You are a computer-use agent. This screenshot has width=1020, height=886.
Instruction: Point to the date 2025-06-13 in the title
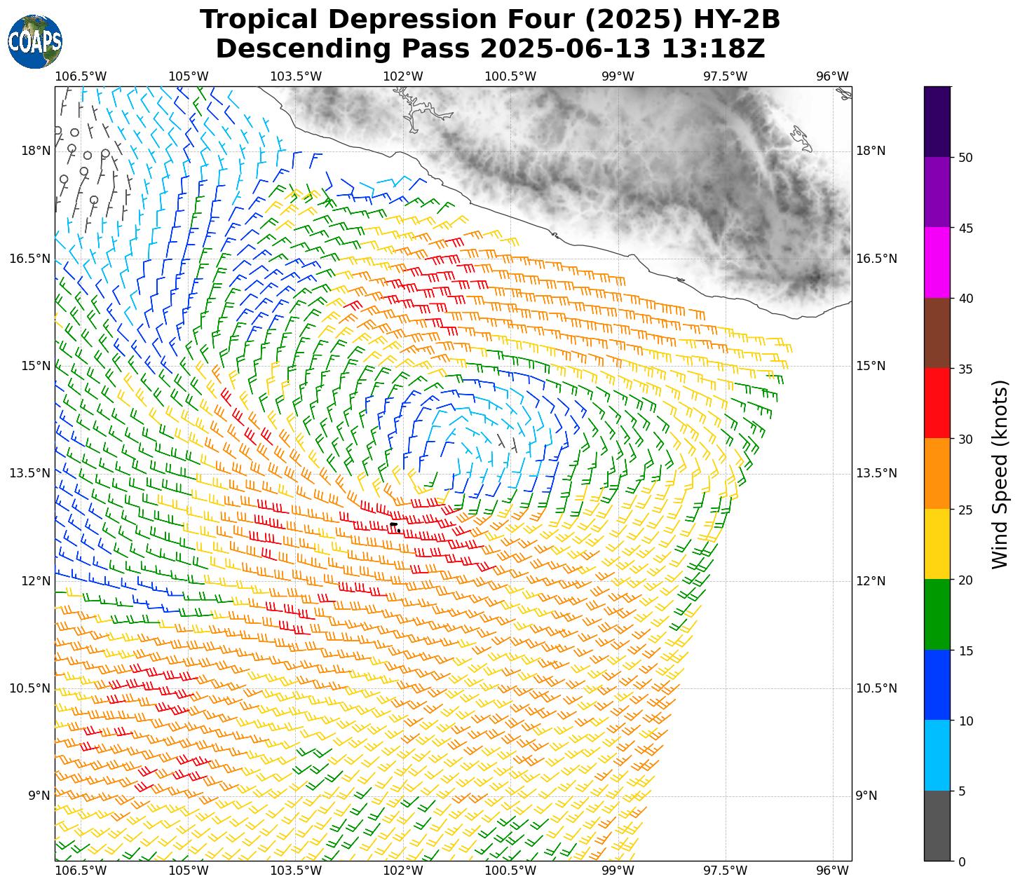tap(540, 50)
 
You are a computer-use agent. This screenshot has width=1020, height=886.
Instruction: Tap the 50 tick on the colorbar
tap(965, 158)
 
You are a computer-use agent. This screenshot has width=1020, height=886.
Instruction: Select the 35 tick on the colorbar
tap(965, 369)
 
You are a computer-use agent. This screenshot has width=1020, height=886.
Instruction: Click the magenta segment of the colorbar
tap(937, 263)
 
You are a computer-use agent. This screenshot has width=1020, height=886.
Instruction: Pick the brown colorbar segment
tap(937, 334)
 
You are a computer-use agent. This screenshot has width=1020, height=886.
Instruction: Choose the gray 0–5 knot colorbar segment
tap(937, 826)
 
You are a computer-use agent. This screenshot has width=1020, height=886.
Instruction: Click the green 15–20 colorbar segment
tap(937, 615)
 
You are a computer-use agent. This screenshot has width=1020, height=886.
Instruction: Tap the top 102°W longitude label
tap(403, 76)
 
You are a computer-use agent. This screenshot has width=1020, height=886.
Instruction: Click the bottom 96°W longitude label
tap(832, 871)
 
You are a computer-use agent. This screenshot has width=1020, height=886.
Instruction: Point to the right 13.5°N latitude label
tap(876, 474)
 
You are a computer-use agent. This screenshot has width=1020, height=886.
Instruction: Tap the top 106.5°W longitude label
tap(81, 76)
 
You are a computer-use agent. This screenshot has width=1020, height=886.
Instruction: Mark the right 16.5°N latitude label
tap(876, 259)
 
